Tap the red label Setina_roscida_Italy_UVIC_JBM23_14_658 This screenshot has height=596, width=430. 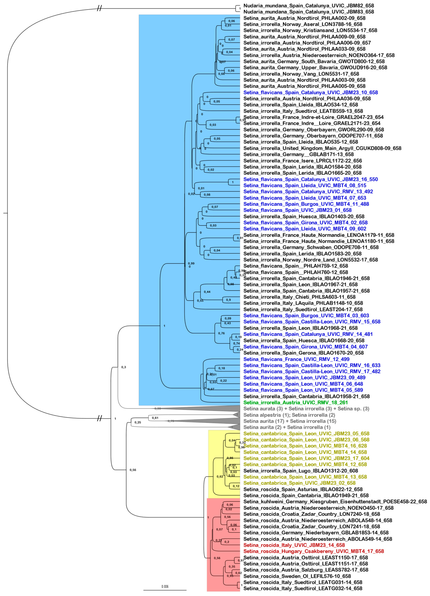[294, 545]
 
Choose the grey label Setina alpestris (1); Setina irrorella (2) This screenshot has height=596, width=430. [289, 415]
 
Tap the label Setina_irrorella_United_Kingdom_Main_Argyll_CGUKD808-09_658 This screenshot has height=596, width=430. [322, 148]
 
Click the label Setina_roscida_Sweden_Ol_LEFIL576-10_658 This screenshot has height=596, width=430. [297, 576]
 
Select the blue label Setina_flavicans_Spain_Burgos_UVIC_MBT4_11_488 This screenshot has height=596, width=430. [306, 204]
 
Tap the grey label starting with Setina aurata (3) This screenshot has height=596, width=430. [306, 409]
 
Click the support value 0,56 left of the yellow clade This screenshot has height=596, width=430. [133, 470]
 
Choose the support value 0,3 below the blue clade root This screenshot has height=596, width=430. [124, 367]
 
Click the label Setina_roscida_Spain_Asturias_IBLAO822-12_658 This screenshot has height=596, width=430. [303, 489]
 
